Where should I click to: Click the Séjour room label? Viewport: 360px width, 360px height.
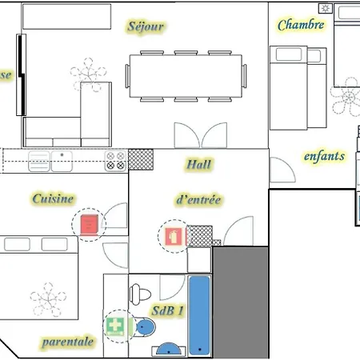146,26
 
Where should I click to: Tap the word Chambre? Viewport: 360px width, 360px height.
301,25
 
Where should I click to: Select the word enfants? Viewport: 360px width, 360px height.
324,156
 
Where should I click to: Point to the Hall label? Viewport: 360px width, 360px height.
198,165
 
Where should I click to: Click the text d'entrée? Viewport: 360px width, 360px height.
197,200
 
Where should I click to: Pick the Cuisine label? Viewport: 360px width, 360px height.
54,198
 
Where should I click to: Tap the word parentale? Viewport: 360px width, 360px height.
68,342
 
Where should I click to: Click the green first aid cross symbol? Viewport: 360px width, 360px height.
117,326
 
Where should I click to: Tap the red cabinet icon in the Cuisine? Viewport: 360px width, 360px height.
88,224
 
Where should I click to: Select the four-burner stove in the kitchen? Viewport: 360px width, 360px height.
116,161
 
